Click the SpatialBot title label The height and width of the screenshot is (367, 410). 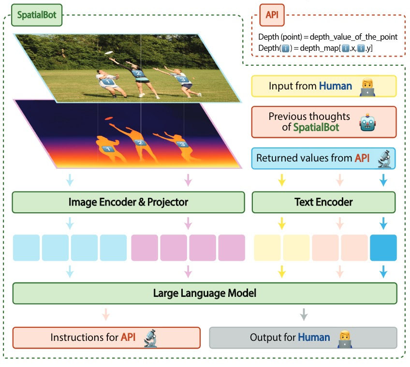click(x=37, y=15)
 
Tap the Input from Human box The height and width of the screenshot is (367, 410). click(x=323, y=86)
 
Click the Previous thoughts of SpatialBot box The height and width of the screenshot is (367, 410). click(x=323, y=122)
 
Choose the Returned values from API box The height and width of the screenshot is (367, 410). click(x=323, y=158)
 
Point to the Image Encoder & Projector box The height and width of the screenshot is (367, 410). click(x=128, y=202)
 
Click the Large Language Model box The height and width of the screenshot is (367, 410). click(x=205, y=293)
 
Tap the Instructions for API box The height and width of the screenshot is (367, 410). click(x=106, y=337)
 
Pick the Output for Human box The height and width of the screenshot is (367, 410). click(x=303, y=337)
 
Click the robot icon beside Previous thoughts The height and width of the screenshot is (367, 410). click(x=368, y=122)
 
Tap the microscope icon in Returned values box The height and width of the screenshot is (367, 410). click(x=384, y=158)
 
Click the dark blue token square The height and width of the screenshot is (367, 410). click(x=383, y=248)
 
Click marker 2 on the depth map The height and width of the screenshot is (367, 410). click(x=141, y=143)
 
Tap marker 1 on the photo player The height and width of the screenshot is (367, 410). click(x=108, y=83)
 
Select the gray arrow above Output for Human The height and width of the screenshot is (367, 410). click(x=303, y=315)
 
